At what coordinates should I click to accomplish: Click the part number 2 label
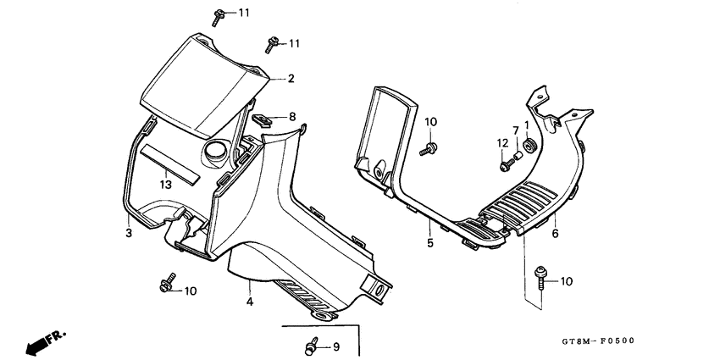point(291,79)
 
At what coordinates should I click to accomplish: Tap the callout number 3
point(129,233)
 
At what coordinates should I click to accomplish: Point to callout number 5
point(429,244)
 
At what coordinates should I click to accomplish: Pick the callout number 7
point(513,130)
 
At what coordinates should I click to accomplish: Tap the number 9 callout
point(335,346)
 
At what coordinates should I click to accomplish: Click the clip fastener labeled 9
point(311,346)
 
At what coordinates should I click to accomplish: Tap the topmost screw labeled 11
point(219,14)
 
